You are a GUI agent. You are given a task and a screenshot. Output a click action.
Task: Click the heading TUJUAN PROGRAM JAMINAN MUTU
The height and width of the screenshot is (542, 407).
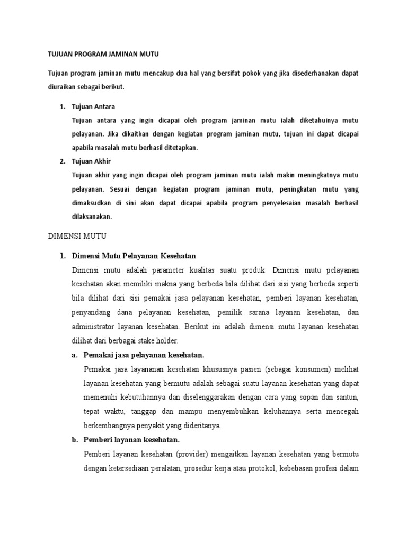[103, 53]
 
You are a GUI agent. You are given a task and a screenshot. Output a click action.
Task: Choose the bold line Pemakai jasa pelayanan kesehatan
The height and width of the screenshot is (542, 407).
[144, 354]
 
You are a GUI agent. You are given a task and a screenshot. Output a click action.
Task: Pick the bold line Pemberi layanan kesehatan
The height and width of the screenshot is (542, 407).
[132, 440]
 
